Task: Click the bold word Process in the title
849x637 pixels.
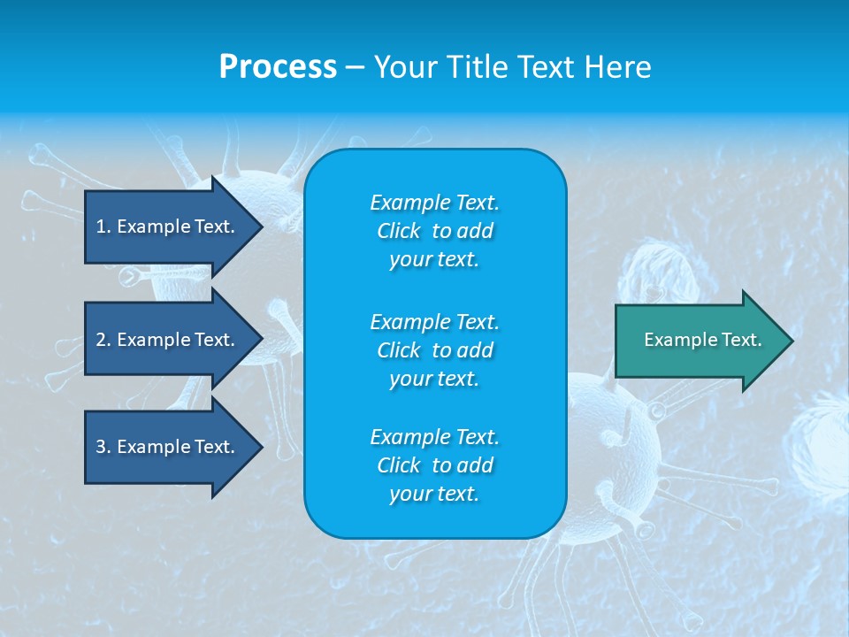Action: click(278, 67)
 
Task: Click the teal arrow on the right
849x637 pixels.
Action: click(699, 340)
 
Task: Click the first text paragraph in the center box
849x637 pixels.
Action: click(434, 231)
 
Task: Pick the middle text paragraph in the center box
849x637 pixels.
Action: click(434, 350)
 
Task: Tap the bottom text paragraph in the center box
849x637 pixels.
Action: click(434, 465)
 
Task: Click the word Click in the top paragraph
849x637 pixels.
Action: click(398, 231)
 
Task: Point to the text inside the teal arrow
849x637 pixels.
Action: click(702, 340)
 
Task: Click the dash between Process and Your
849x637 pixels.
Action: click(355, 68)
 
